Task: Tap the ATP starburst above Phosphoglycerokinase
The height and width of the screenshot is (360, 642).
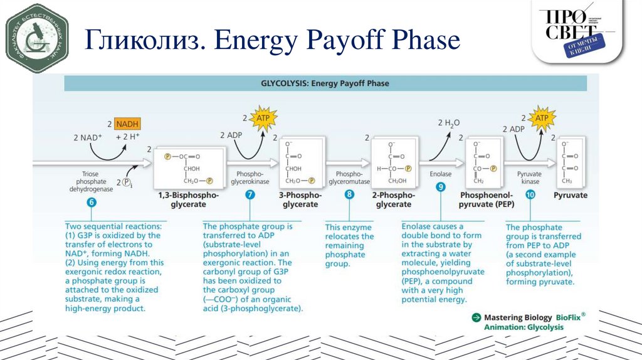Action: [261, 118]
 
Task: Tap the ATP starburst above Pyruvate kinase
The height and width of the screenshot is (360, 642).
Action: [540, 118]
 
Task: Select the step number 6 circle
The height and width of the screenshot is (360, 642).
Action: [92, 202]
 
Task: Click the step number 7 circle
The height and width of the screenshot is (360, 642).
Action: [250, 194]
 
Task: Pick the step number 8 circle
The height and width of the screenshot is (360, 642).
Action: [349, 194]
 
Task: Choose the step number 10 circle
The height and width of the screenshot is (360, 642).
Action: [530, 195]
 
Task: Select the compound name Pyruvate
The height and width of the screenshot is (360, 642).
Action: [571, 195]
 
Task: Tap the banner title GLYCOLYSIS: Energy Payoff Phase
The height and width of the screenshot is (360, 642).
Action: [325, 83]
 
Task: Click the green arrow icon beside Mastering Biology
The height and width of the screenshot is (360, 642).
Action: [476, 317]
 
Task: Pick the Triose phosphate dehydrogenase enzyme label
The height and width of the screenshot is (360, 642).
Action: [92, 181]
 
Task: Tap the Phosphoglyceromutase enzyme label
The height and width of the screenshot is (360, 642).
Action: [349, 177]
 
